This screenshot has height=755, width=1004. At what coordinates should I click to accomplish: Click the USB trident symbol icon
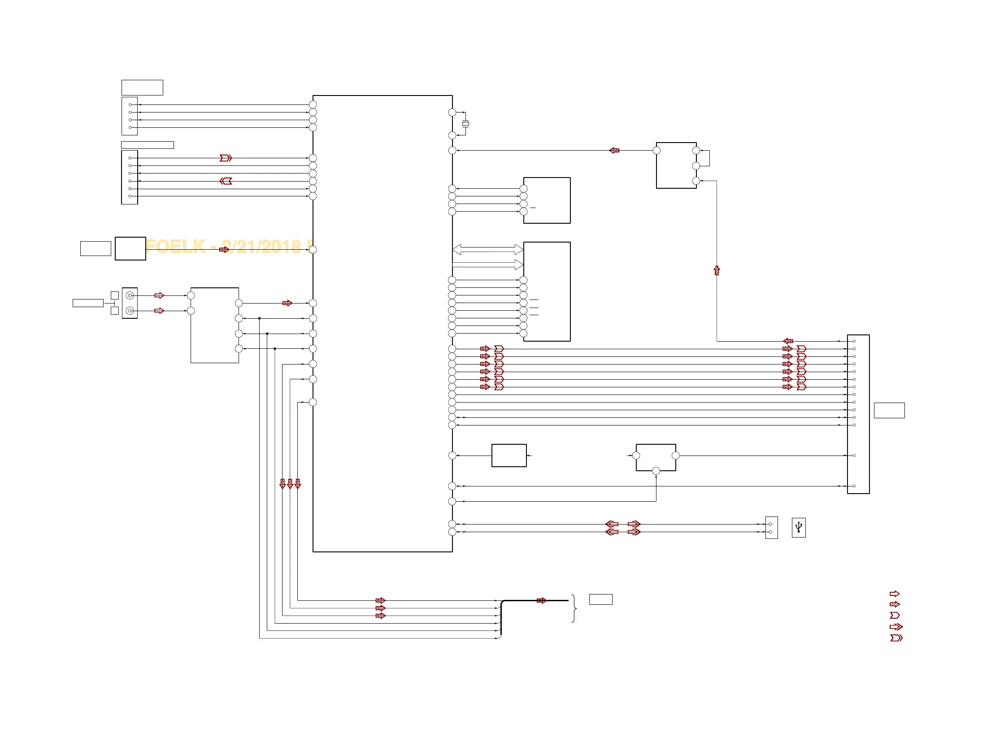pos(798,527)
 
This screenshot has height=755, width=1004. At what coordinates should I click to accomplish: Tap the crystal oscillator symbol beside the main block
pos(465,123)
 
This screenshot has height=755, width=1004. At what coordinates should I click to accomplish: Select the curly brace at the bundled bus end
pos(574,608)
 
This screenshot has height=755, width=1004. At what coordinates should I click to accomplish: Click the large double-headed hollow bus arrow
pos(487,249)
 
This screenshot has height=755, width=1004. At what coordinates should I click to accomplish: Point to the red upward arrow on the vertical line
pos(717,270)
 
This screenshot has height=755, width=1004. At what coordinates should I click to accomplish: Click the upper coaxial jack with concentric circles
pos(130,295)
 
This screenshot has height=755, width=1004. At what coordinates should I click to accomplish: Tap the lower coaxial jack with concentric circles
pos(130,311)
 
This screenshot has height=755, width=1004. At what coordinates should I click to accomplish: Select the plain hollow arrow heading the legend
pos(894,594)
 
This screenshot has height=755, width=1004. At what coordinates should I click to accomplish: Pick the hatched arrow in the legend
pos(894,604)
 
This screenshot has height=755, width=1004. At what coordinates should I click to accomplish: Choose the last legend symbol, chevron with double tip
pos(896,638)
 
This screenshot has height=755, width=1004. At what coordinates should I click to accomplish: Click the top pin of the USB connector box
pos(770,524)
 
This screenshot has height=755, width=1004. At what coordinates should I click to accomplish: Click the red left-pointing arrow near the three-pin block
pos(614,150)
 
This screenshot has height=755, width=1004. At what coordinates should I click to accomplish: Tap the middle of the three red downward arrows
pos(290,484)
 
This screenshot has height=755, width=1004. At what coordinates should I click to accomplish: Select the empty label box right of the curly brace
pos(600,599)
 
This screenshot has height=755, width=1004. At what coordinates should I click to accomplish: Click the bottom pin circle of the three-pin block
pos(696,181)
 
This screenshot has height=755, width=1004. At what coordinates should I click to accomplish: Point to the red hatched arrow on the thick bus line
pos(541,600)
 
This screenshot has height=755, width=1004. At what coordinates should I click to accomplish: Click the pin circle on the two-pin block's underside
pos(656,471)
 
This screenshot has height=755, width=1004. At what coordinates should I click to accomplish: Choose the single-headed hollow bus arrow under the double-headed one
pos(487,265)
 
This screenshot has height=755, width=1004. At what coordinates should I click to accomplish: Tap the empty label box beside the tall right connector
pos(889,410)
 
